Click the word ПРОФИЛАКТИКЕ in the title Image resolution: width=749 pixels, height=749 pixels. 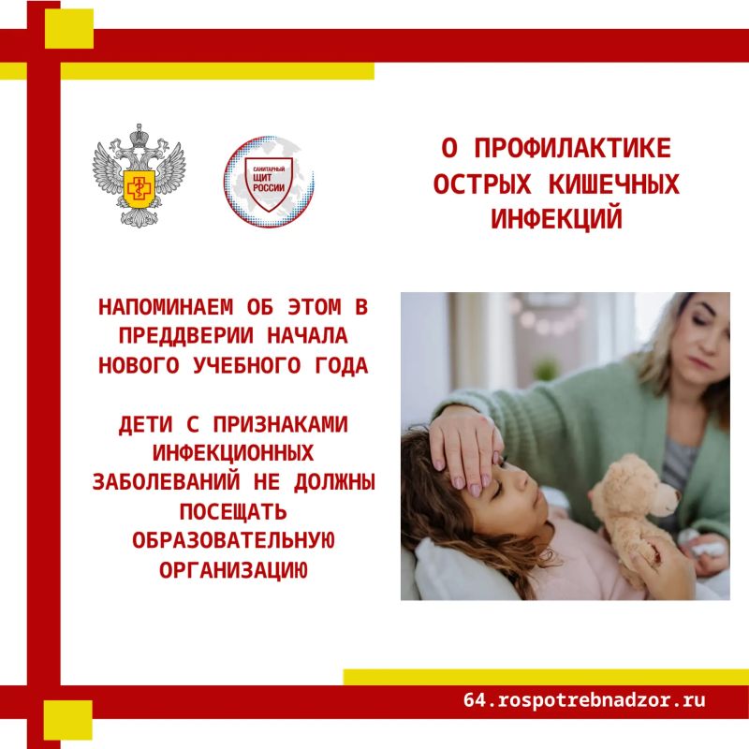pyautogui.click(x=573, y=148)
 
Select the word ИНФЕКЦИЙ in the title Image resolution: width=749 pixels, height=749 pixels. pyautogui.click(x=556, y=219)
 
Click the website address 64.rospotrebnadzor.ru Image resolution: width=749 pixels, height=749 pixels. pyautogui.click(x=584, y=700)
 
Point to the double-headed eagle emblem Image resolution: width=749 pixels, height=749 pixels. pyautogui.click(x=139, y=175)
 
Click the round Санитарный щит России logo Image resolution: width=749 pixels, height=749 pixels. pyautogui.click(x=269, y=182)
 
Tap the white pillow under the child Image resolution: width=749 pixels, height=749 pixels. pyautogui.click(x=454, y=572)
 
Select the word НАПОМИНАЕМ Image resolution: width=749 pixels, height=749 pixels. pyautogui.click(x=166, y=307)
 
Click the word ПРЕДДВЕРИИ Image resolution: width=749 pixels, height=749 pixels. pyautogui.click(x=185, y=336)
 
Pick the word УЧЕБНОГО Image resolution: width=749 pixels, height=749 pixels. pyautogui.click(x=247, y=365)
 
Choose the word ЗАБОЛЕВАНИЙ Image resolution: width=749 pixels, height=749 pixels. pyautogui.click(x=167, y=481)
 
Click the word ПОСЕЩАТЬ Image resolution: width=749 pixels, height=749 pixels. pyautogui.click(x=233, y=511)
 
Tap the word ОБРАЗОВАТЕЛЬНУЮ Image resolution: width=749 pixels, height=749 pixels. pyautogui.click(x=233, y=541)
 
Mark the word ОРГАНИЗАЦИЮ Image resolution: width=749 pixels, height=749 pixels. pyautogui.click(x=233, y=570)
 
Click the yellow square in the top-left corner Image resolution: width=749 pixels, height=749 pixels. pyautogui.click(x=69, y=29)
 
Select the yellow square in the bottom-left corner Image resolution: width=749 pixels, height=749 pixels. pyautogui.click(x=67, y=720)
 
